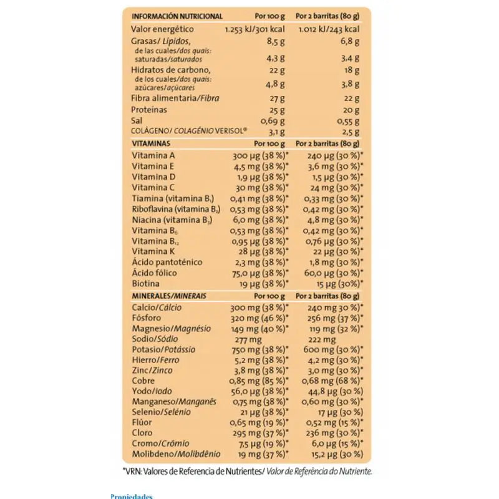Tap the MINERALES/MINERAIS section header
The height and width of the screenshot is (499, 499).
click(x=169, y=294)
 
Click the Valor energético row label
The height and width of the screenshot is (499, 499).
click(x=162, y=29)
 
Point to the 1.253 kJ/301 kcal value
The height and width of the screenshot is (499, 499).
click(x=255, y=29)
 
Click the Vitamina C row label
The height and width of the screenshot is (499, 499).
click(x=153, y=187)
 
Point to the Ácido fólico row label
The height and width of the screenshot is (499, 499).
click(x=155, y=273)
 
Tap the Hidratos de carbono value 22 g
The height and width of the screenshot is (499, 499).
click(x=276, y=69)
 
